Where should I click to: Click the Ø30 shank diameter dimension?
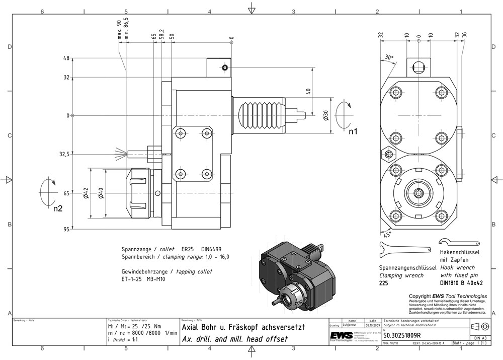tap(326, 115)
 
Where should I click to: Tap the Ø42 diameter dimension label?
tap(86, 193)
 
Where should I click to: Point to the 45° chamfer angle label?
tap(386, 234)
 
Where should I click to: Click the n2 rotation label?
tap(58, 208)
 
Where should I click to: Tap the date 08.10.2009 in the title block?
tap(372, 326)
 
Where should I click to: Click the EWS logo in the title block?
tap(341, 336)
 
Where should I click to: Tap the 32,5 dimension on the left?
tap(64, 154)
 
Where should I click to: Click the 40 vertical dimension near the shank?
tap(308, 91)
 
